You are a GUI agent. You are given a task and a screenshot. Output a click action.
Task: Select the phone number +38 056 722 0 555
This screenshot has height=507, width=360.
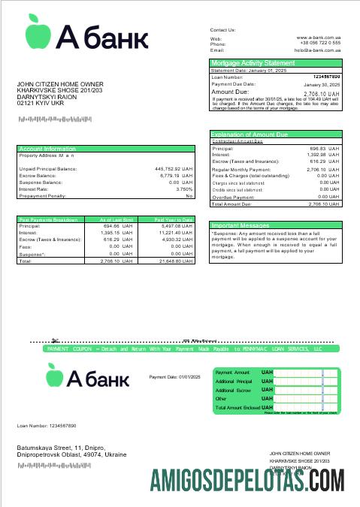click(x=321, y=44)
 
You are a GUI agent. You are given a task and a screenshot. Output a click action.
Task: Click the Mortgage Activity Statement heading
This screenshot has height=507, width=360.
click(x=253, y=63)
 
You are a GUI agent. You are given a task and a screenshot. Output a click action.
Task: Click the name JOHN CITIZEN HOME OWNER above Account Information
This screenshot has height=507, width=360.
click(x=60, y=84)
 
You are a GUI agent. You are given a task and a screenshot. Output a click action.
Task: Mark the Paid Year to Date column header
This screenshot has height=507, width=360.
click(x=174, y=219)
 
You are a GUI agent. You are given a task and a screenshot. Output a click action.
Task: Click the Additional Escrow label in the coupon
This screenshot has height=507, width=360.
click(x=233, y=391)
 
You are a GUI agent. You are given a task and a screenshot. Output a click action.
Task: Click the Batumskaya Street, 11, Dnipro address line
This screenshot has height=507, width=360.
click(x=62, y=448)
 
